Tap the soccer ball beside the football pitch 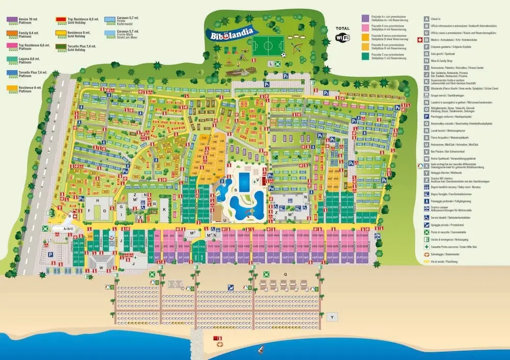(x=283, y=55)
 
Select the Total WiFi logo (x=343, y=34)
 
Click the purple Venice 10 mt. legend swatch (x=13, y=20)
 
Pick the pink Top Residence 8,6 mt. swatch (x=13, y=46)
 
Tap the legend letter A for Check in (x=426, y=18)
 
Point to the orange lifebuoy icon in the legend (x=426, y=254)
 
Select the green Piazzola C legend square (x=366, y=56)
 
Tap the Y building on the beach (x=333, y=317)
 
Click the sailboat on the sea (x=261, y=349)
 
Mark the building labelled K (x=164, y=210)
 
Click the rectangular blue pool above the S (x=244, y=181)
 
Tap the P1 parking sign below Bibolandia (x=266, y=85)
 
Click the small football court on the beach (x=175, y=284)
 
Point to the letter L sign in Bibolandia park (x=271, y=64)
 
